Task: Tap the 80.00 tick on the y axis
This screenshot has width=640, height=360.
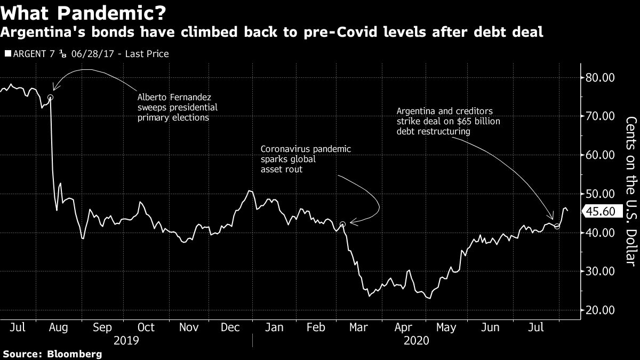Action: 600,78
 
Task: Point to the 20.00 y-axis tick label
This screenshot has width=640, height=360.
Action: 600,310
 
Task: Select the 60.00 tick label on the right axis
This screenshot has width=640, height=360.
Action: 600,155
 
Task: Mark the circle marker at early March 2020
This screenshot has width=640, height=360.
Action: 343,225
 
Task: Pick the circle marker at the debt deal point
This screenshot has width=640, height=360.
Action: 557,227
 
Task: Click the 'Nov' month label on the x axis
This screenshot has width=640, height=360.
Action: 189,327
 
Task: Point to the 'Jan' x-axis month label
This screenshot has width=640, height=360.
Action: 274,327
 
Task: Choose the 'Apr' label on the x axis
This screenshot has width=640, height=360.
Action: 403,327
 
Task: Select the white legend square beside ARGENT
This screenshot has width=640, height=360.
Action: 6,54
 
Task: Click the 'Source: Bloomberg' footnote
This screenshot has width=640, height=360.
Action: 52,354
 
